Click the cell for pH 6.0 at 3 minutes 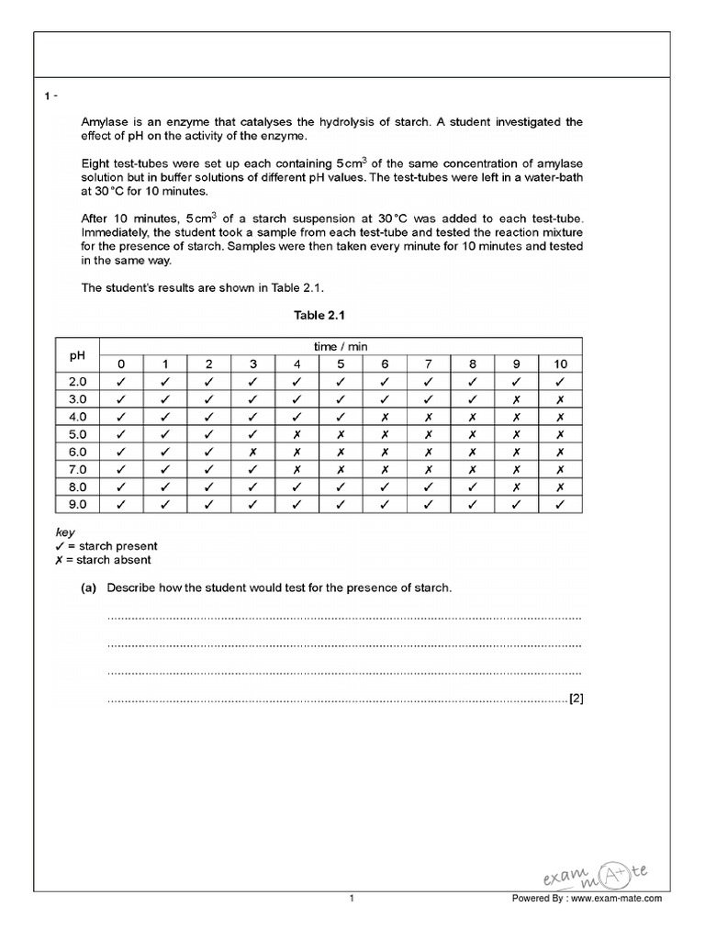252,451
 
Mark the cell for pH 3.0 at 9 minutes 517,398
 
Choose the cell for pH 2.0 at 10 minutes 560,381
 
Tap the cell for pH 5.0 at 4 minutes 297,433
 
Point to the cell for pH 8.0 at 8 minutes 473,487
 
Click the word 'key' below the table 64,532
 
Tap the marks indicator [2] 576,699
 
